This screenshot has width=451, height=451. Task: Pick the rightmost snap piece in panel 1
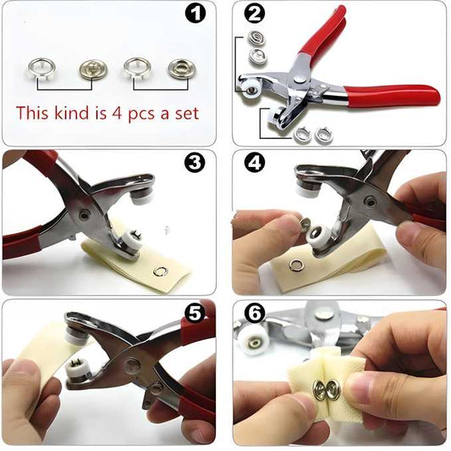(x=179, y=68)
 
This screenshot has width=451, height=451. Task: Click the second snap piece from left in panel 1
(x=92, y=68)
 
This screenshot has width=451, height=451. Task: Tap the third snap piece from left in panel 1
(x=138, y=68)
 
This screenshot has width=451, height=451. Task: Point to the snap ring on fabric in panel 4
(x=295, y=265)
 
